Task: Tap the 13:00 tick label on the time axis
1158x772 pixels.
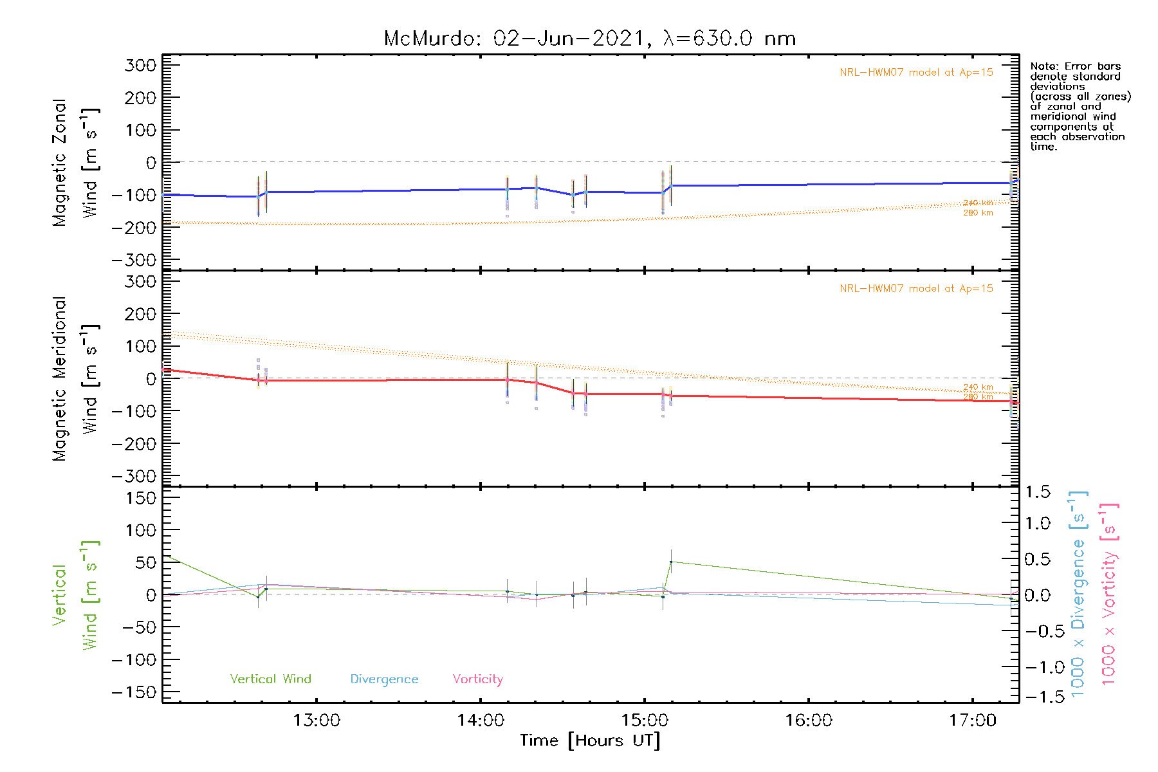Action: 317,721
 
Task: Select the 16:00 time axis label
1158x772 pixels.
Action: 809,721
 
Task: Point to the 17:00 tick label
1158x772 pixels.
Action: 973,721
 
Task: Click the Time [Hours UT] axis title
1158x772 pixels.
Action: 590,740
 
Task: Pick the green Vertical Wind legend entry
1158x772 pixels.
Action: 270,679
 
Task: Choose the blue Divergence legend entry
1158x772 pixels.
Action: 384,679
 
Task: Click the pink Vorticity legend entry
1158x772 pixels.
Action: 477,679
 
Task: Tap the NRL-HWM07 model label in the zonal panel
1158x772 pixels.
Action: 916,72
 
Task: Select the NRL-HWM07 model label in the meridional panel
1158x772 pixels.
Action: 916,288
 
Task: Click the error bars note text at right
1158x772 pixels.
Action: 1080,106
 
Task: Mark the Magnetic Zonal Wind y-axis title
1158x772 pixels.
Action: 76,162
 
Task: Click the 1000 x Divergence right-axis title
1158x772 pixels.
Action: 1078,593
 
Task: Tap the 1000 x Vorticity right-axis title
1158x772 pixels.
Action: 1108,593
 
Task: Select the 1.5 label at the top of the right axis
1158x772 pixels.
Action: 1037,492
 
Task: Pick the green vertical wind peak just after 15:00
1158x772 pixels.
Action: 671,562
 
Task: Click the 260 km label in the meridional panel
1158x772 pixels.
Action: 978,396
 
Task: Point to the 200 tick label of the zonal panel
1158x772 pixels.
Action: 140,98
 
